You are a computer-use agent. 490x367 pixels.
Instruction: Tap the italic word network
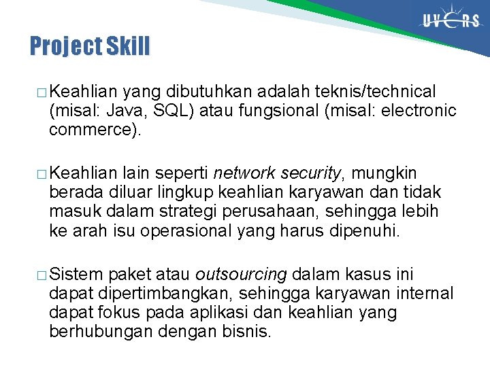click(243, 173)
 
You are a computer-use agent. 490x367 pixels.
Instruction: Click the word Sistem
click(76, 275)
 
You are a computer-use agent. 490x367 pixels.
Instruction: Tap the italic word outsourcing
click(242, 275)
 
